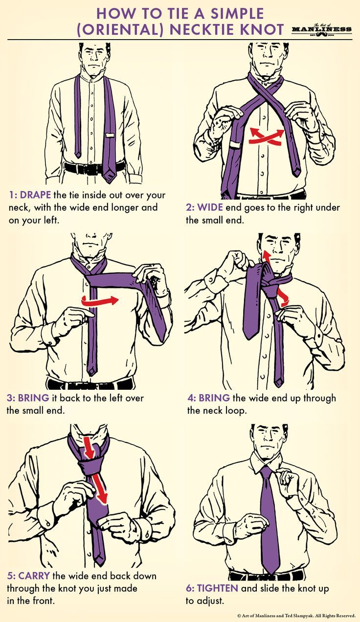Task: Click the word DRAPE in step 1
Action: coord(35,195)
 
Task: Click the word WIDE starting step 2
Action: coord(210,207)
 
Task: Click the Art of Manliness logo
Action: coord(322,29)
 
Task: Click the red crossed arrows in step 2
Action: coord(267,135)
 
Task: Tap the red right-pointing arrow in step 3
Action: coord(100,301)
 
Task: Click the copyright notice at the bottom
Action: coord(297,615)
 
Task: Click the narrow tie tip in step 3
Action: coord(92,370)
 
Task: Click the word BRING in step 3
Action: coord(34,398)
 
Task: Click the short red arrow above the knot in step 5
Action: coord(89,447)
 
